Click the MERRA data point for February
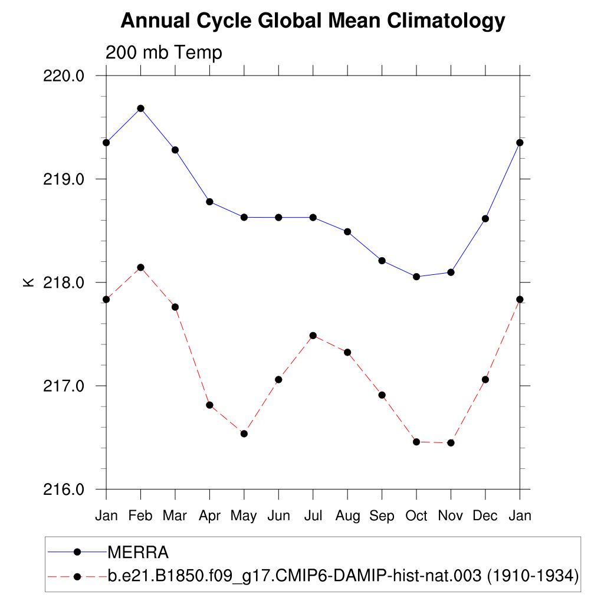(x=140, y=109)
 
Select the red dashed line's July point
(x=313, y=336)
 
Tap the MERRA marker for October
(x=416, y=277)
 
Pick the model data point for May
(x=244, y=434)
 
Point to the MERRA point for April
(x=209, y=202)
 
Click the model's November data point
(x=451, y=442)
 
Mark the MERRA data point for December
(x=485, y=219)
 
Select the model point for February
(x=140, y=268)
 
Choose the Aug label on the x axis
(x=347, y=516)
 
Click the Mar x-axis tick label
(x=175, y=516)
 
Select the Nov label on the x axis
(x=451, y=516)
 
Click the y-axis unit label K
(x=28, y=283)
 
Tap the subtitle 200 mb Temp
(x=164, y=53)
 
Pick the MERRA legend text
(x=138, y=553)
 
